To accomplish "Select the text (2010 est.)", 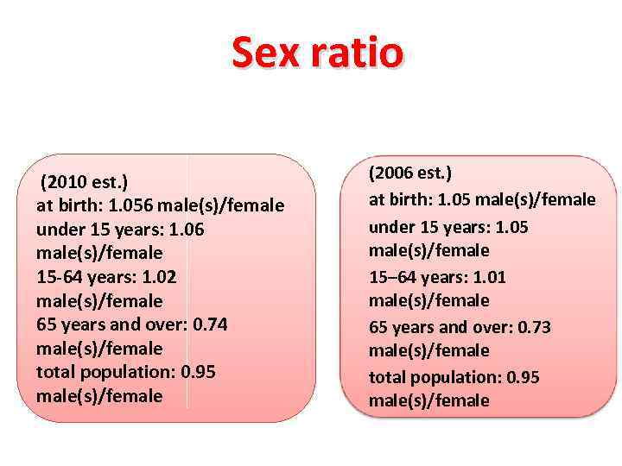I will pyautogui.click(x=84, y=182).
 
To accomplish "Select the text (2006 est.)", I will pyautogui.click(x=410, y=173).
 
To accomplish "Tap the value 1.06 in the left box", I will pyautogui.click(x=187, y=230).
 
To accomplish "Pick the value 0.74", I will pyautogui.click(x=211, y=324).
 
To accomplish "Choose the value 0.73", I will pyautogui.click(x=534, y=327).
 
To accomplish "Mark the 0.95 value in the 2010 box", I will pyautogui.click(x=198, y=372).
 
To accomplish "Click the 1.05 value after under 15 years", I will pyautogui.click(x=511, y=227).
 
